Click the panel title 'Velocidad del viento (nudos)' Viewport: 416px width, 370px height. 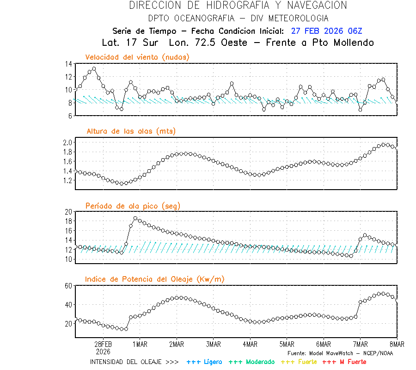coord(137,57)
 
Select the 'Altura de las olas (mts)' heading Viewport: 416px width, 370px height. coord(131,131)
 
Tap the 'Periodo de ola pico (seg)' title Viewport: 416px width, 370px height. coord(133,205)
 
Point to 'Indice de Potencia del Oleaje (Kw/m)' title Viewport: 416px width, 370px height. coord(155,279)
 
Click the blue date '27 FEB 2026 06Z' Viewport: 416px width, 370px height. coord(327,31)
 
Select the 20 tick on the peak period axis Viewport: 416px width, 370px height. coord(68,212)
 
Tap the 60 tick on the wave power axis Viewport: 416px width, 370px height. coord(68,286)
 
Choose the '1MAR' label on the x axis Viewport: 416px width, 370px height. coord(140,344)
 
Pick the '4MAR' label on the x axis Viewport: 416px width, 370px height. coord(250,344)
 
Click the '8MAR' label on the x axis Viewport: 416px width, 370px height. coord(397,344)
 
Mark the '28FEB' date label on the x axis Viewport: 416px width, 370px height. coord(103,344)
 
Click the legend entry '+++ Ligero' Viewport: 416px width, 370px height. coord(204,362)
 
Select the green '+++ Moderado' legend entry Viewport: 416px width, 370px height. coord(251,362)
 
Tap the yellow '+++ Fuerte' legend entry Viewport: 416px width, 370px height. coord(299,362)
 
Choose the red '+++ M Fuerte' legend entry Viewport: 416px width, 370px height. coord(344,362)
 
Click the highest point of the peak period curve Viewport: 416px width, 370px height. coord(135,218)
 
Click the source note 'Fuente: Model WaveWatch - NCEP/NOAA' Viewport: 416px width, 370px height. coord(340,353)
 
